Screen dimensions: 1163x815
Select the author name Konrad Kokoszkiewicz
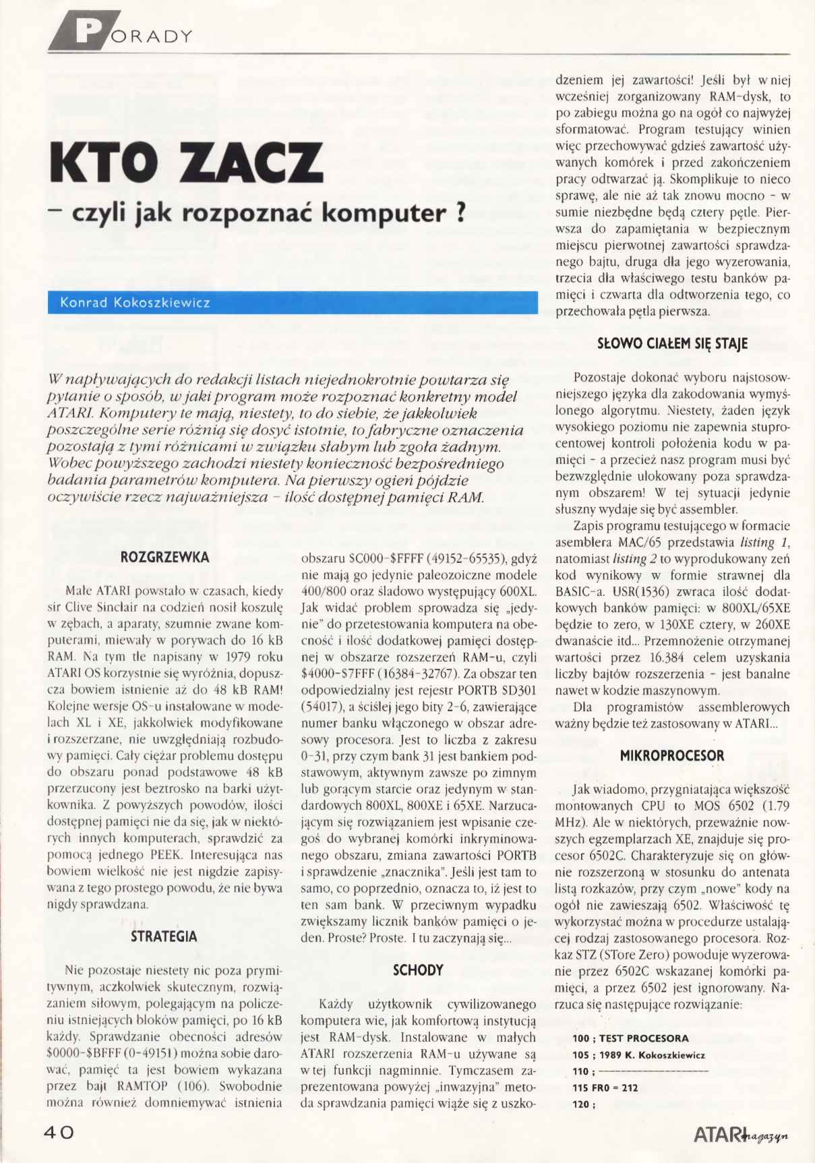pos(135,303)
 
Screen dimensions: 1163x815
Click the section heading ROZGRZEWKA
pos(164,558)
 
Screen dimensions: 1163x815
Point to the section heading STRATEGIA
pos(164,936)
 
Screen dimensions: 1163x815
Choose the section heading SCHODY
pos(418,970)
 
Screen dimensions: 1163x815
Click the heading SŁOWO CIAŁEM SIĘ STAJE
pos(673,344)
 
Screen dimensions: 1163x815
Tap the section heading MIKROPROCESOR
pos(672,756)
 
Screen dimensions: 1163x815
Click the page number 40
pos(59,1133)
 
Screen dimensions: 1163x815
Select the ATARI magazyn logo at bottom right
pos(741,1135)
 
